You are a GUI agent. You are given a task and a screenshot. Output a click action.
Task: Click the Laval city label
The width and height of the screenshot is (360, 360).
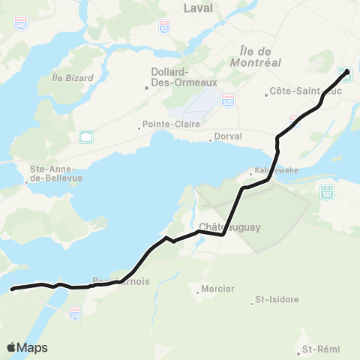[198, 8]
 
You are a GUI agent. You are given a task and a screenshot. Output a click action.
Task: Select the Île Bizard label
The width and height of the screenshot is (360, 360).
[73, 78]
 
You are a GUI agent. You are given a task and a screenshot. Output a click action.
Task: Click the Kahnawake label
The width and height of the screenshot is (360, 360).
[276, 170]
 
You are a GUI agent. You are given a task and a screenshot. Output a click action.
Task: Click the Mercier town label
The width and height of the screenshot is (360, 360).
[217, 289]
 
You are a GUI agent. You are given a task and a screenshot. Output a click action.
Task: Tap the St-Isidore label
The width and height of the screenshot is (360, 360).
[277, 300]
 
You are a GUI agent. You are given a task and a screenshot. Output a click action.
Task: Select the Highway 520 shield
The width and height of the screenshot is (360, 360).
[228, 98]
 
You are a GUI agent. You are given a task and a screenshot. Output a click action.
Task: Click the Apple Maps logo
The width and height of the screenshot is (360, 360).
[27, 347]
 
